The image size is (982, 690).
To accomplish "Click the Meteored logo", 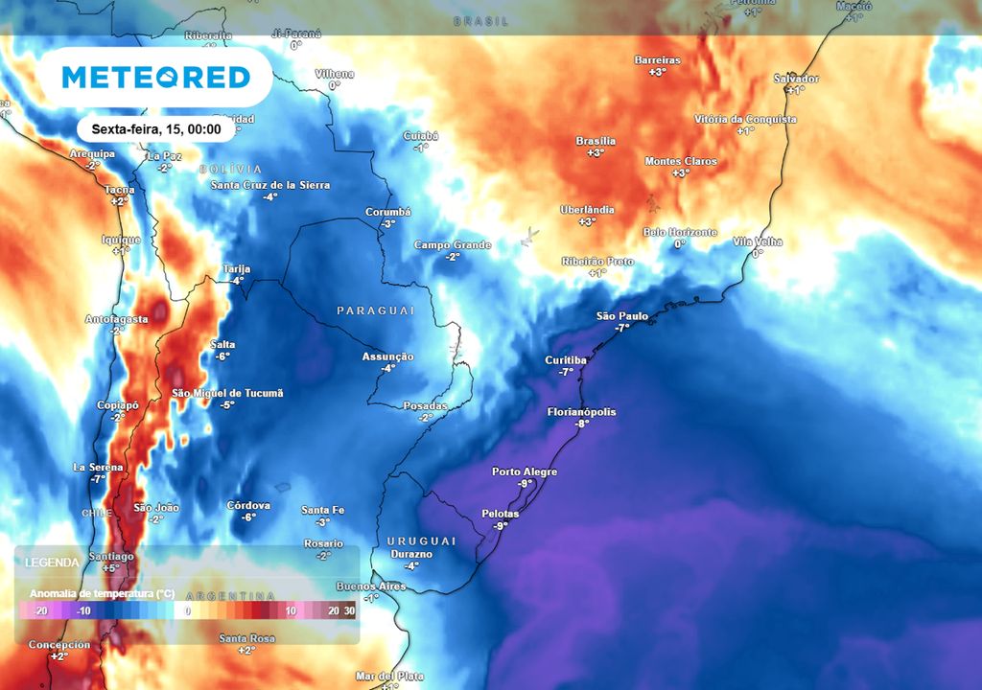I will pyautogui.click(x=155, y=77).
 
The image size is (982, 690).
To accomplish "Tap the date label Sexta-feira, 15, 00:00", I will pyautogui.click(x=156, y=129).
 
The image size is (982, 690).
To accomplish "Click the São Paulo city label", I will pyautogui.click(x=622, y=315).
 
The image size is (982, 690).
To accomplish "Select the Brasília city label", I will pyautogui.click(x=596, y=141).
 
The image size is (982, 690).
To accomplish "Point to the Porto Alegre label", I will pyautogui.click(x=525, y=471).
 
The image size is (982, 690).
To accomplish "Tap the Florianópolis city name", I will pyautogui.click(x=581, y=412).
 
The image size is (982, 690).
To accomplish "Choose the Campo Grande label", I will pyautogui.click(x=453, y=244).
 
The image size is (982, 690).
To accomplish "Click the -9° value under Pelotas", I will pyautogui.click(x=500, y=526).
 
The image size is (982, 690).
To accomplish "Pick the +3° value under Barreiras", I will pyautogui.click(x=657, y=72).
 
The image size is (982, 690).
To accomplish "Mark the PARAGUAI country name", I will pyautogui.click(x=376, y=310).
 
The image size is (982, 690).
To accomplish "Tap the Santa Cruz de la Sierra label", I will pyautogui.click(x=270, y=185).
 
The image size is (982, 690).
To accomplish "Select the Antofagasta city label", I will pyautogui.click(x=117, y=318).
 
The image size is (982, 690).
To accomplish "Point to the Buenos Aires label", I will pyautogui.click(x=371, y=586).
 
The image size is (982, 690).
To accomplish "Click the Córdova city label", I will pyautogui.click(x=248, y=505).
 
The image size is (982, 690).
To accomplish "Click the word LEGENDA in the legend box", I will pyautogui.click(x=53, y=562).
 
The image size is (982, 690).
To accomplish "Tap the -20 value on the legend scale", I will pyautogui.click(x=40, y=610).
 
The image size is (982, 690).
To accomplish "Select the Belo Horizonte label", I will pyautogui.click(x=680, y=232).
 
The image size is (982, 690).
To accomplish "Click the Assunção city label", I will pyautogui.click(x=388, y=356).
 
